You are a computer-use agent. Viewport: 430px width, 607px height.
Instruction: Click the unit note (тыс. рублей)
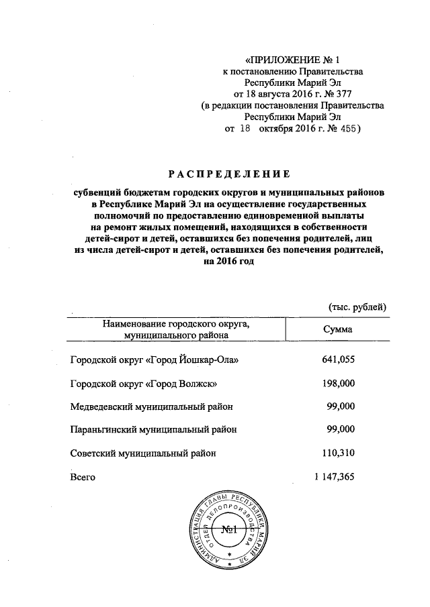pos(356,307)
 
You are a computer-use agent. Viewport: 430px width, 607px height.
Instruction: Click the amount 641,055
pos(338,360)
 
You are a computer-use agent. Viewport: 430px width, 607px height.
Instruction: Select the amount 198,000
pos(338,383)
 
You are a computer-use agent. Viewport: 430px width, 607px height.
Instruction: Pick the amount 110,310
pos(338,453)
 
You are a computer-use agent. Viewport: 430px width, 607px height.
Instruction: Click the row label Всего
pos(83,477)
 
